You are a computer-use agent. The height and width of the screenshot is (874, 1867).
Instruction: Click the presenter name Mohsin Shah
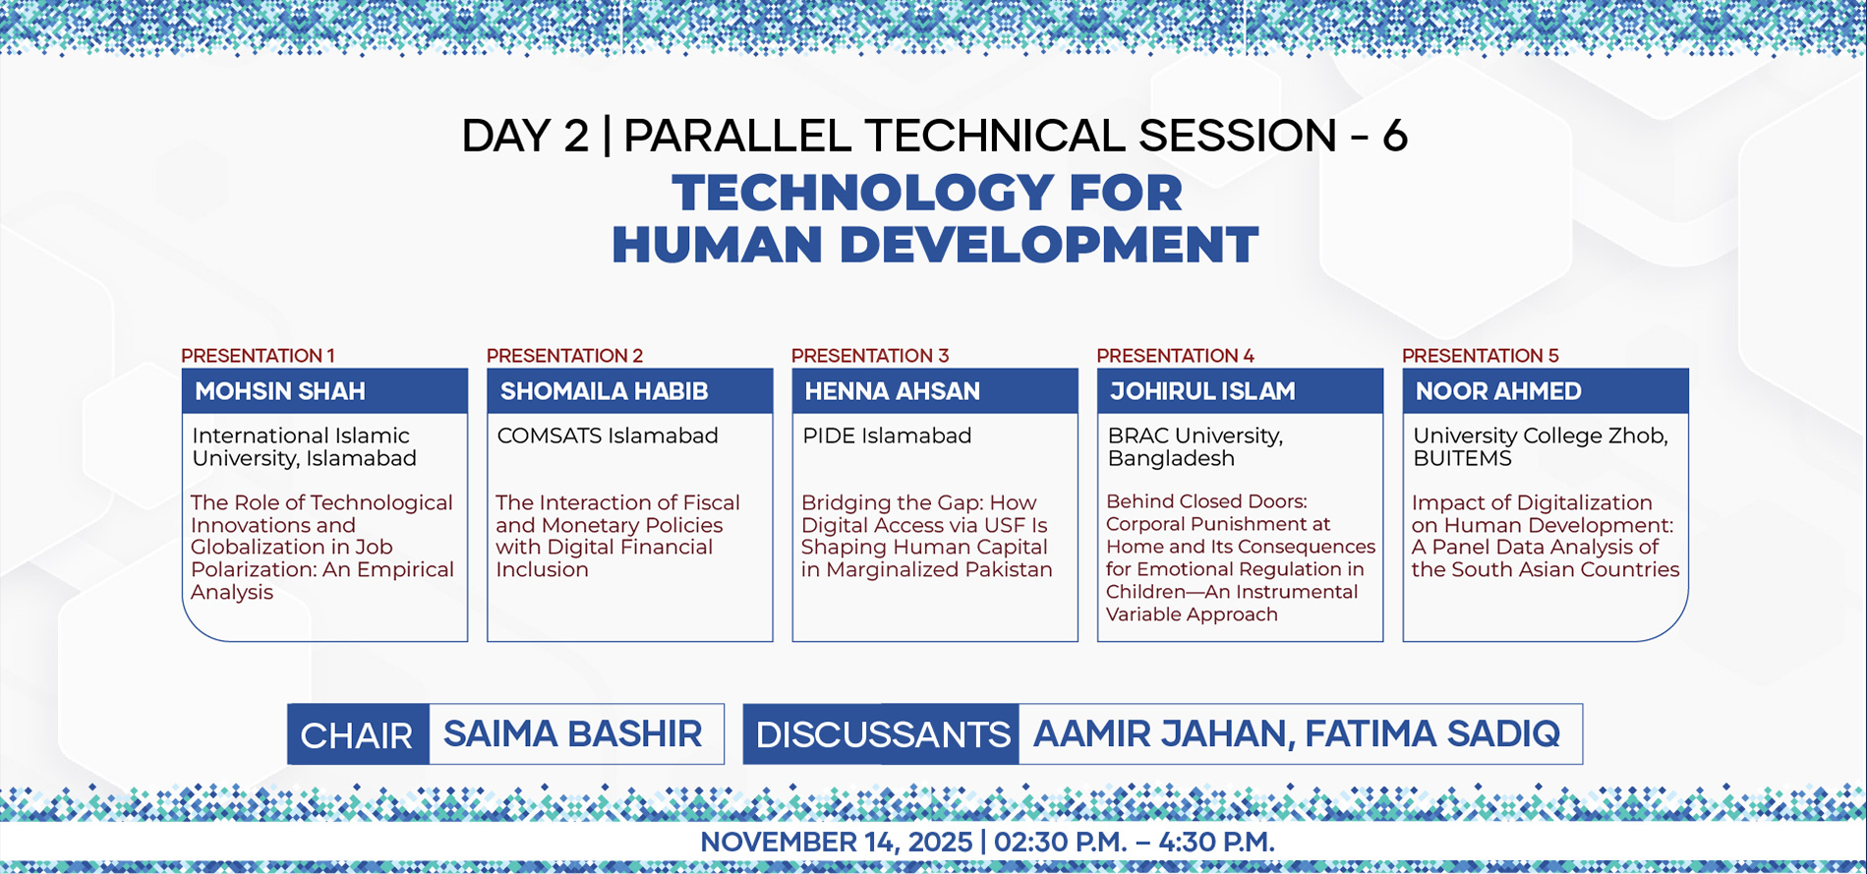280,391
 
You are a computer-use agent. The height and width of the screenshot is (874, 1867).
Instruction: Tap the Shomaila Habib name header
630,391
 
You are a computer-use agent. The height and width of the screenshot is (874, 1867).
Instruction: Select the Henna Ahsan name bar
935,391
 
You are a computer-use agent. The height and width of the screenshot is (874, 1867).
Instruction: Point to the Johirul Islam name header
1240,391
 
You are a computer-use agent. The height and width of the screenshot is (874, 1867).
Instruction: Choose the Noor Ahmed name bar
1546,391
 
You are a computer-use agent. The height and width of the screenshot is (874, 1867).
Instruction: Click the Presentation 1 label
258,355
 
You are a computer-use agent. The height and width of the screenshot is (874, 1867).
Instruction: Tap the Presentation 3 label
870,355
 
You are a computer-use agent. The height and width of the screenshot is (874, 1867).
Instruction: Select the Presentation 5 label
1481,355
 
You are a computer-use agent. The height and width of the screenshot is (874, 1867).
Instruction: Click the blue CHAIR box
358,734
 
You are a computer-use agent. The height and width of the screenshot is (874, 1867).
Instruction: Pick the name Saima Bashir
572,733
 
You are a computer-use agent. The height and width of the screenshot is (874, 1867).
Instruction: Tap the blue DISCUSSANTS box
881,734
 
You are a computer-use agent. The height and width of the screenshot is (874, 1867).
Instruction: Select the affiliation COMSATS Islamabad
608,436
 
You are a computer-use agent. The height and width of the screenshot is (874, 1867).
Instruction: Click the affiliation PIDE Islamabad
887,436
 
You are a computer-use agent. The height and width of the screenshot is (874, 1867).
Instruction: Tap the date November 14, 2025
836,843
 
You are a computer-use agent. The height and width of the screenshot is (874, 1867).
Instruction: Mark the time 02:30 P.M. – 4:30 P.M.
1135,843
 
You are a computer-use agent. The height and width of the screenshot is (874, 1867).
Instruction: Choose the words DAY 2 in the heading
525,136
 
